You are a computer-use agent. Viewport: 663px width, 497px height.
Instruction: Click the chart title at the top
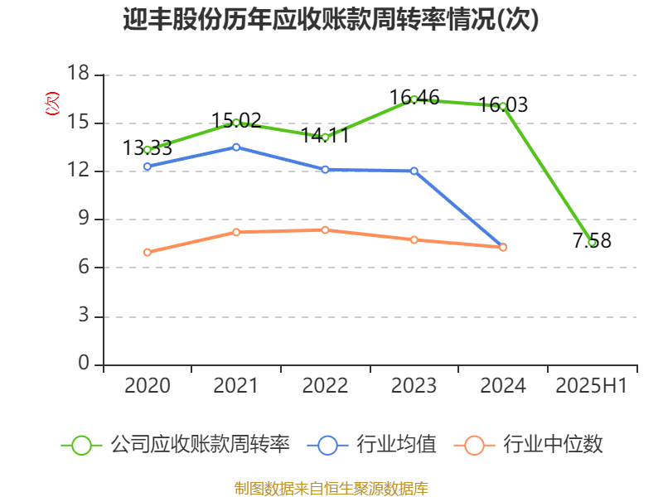pos(331,20)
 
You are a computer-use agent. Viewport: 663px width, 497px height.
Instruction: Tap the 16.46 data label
pos(414,97)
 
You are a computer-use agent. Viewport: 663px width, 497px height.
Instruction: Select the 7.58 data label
pos(592,241)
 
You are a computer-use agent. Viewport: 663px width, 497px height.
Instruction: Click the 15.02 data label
pos(236,120)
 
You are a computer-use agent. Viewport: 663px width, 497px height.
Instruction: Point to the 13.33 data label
pos(148,148)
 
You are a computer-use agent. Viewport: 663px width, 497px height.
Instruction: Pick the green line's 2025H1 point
pos(592,243)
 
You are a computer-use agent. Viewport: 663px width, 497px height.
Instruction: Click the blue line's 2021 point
pos(236,147)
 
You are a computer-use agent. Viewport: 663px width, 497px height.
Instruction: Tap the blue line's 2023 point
pos(414,171)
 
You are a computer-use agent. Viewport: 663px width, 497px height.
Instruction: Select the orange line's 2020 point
pos(148,253)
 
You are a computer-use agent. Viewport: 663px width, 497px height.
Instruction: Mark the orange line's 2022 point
pos(326,230)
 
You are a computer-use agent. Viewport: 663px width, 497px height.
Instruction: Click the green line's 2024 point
pos(503,106)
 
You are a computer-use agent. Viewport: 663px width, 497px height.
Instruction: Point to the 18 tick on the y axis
pos(78,75)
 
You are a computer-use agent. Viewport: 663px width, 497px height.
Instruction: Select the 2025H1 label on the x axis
pos(592,385)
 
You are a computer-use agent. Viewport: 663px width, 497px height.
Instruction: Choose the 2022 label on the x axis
pos(326,385)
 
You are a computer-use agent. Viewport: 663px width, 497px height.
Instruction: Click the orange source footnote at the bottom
pos(331,488)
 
